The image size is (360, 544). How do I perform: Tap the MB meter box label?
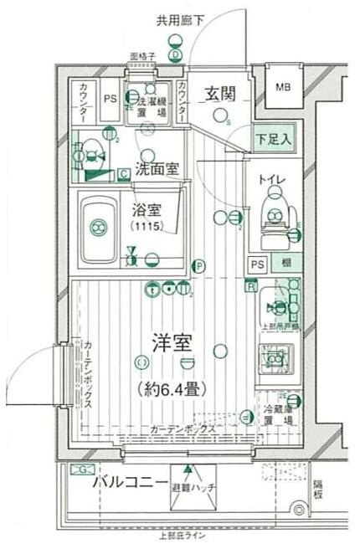284,86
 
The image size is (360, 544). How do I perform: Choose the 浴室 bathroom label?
147,209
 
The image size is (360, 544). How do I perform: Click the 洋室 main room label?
173,342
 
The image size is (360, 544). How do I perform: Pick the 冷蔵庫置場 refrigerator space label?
279,415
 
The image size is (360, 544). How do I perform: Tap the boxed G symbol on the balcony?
83,469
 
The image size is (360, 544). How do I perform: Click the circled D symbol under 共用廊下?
176,55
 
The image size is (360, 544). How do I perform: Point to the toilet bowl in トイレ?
274,207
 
